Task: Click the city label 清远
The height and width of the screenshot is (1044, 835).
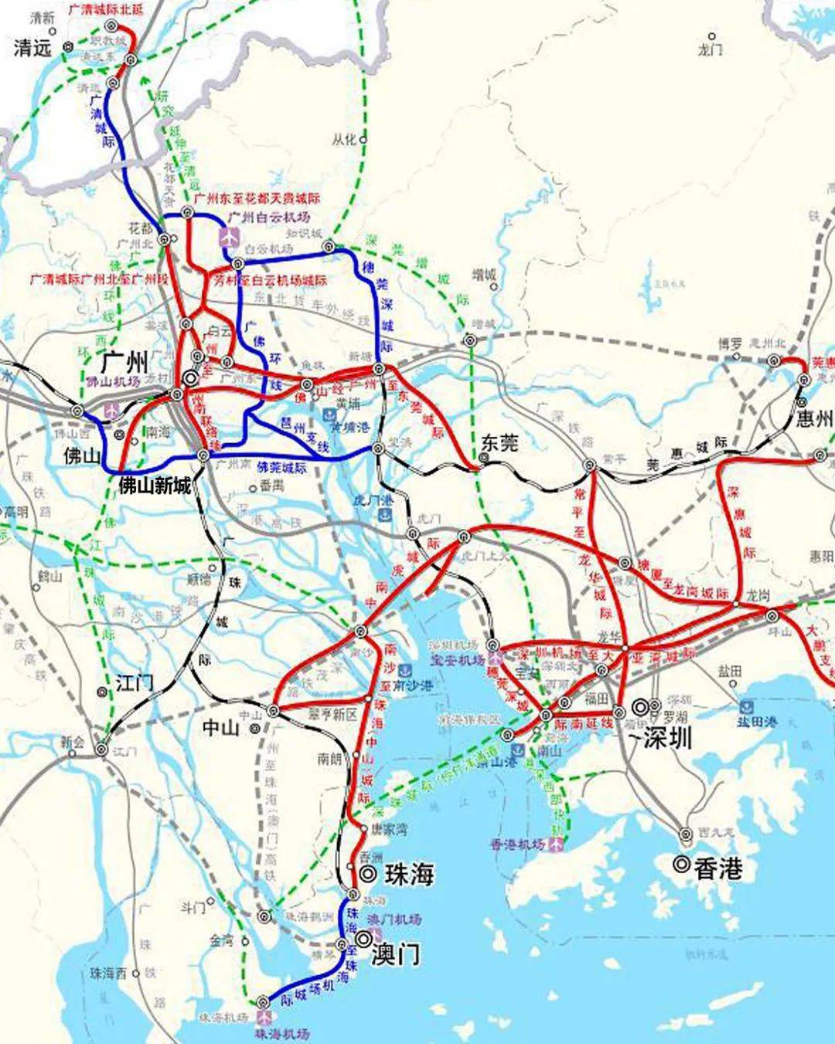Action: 32,48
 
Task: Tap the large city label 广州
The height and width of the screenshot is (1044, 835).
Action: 124,361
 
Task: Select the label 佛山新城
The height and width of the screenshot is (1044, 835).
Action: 154,485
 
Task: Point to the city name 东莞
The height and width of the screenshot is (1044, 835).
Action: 499,442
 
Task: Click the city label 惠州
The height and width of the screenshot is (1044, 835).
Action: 815,419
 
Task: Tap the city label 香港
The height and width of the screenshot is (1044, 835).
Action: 718,868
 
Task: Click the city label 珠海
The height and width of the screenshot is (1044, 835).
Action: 407,874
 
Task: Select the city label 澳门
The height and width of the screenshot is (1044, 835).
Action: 395,954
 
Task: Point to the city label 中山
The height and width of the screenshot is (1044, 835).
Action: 222,728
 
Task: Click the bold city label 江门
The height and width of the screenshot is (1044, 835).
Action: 135,683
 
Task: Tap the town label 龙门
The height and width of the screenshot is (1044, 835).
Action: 709,49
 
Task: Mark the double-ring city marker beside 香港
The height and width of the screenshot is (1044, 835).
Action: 680,864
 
